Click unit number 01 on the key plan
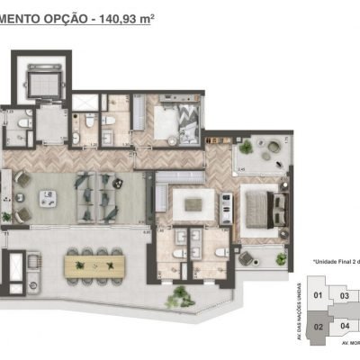[317, 294]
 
